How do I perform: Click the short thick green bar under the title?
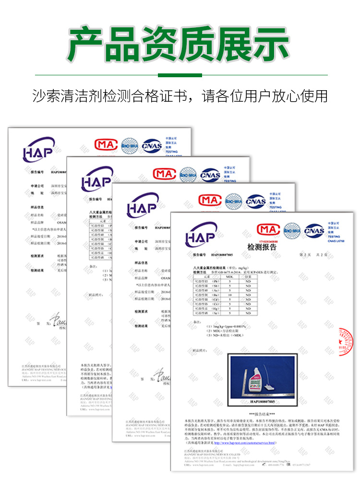[x=180, y=75]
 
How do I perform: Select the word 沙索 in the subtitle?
[x=44, y=96]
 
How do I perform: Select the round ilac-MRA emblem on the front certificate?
[x=292, y=231]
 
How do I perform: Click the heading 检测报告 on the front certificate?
[x=262, y=247]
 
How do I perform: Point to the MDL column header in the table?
[x=230, y=277]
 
